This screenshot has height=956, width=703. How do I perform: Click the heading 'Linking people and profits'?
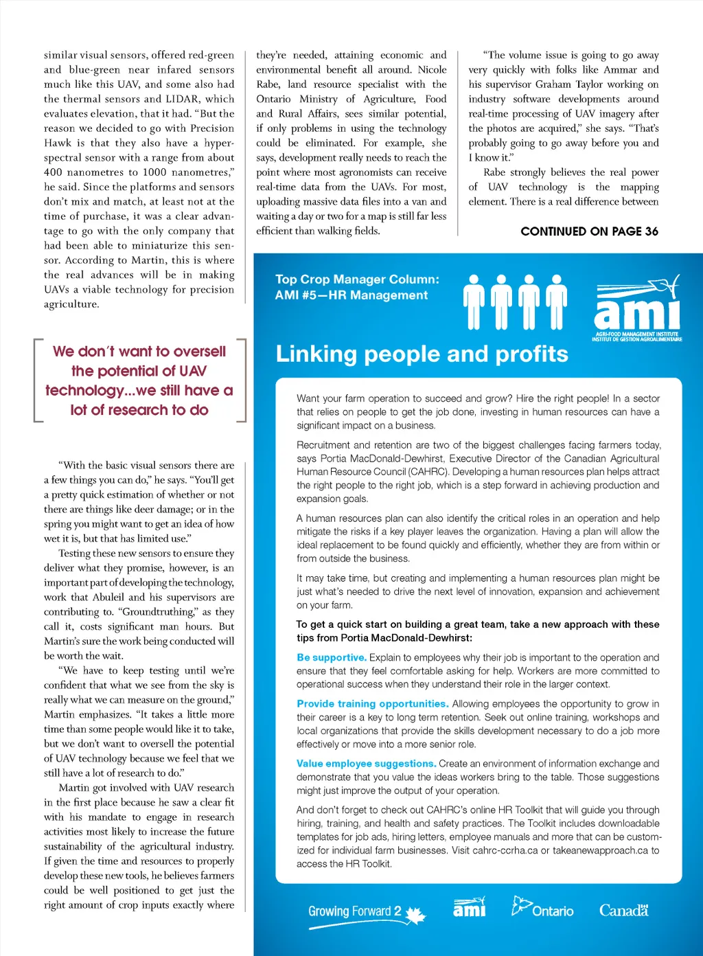(x=422, y=354)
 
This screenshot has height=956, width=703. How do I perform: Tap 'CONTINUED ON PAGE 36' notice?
(x=589, y=231)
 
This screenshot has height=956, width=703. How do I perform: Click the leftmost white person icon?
(x=474, y=301)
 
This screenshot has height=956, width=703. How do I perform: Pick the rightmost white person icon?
(x=556, y=301)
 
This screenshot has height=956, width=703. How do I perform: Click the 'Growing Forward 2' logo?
(x=366, y=913)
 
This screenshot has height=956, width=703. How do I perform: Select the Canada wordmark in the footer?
(x=623, y=911)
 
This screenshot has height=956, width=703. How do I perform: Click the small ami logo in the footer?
(x=470, y=908)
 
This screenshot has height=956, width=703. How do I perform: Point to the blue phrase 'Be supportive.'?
(x=332, y=657)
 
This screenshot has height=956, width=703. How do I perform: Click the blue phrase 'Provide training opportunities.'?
(x=373, y=704)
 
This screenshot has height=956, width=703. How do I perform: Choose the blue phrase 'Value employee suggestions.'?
(x=366, y=764)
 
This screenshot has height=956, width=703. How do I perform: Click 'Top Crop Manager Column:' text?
(x=357, y=280)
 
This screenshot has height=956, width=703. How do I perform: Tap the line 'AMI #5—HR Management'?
(x=351, y=295)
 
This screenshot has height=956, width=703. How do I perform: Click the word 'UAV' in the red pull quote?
(x=193, y=372)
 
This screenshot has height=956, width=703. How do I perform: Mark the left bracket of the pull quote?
(x=37, y=380)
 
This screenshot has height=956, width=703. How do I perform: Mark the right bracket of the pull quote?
(x=242, y=380)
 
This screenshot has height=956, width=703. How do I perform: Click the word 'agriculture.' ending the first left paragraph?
(x=71, y=304)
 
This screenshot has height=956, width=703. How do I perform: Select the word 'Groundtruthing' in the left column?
(x=157, y=612)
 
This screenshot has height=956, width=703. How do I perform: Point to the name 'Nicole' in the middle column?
(x=432, y=70)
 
